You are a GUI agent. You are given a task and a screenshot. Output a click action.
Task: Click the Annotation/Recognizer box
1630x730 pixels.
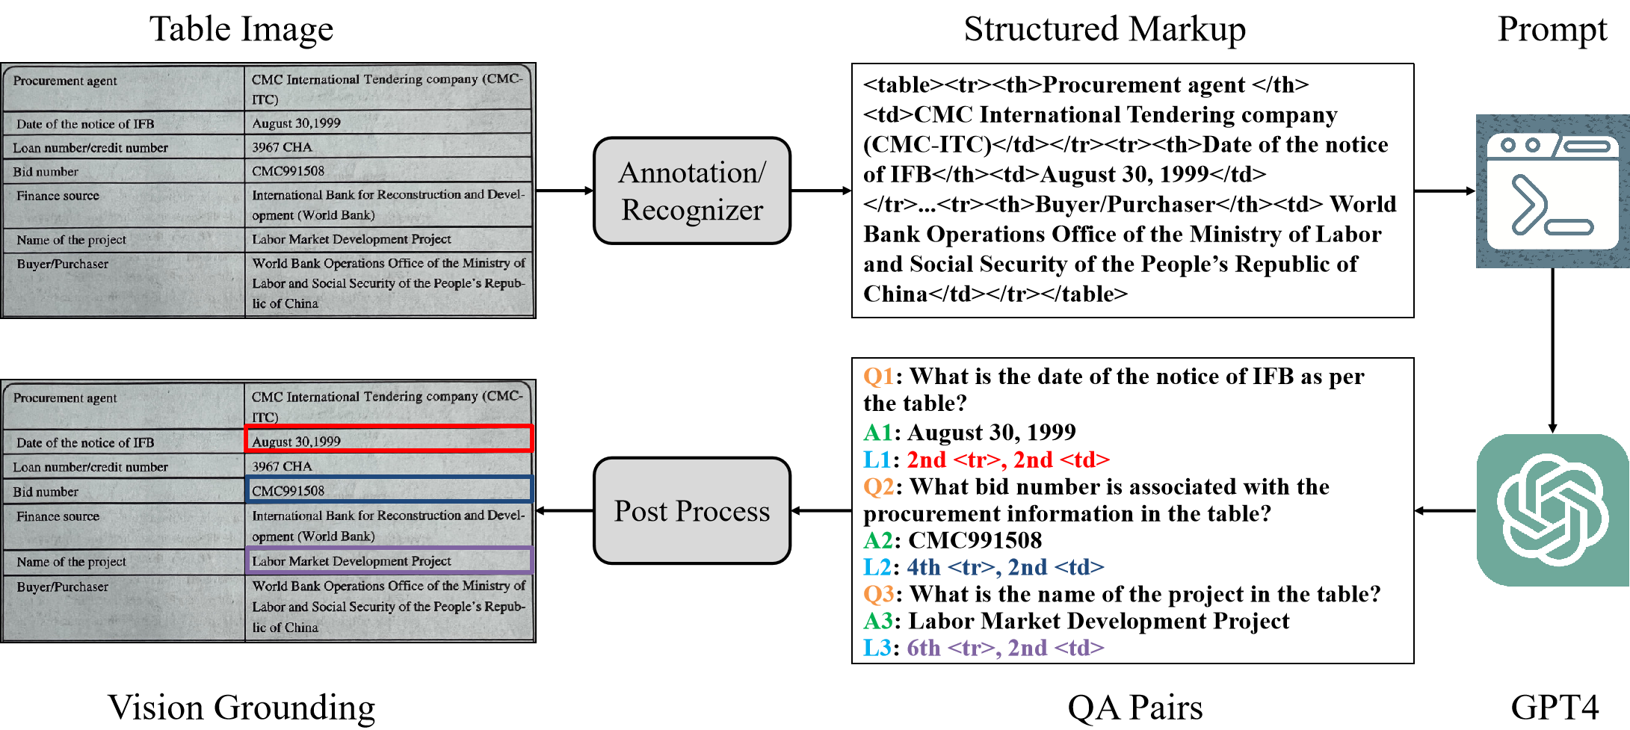691,191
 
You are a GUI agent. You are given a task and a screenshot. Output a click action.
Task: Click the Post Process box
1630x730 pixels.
691,510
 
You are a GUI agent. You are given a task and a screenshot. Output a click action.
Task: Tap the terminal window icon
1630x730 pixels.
1552,191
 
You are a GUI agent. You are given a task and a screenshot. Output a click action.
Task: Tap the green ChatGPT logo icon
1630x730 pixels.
1552,510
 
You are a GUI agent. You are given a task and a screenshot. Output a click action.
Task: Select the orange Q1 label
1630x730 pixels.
878,376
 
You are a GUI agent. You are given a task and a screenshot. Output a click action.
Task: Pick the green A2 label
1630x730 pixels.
878,540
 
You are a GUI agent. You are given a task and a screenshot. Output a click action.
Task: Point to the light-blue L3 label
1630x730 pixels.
877,648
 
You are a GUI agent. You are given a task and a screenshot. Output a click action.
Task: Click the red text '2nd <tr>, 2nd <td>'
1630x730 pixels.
1007,460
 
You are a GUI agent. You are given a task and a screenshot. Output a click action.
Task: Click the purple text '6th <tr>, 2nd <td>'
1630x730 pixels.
1005,648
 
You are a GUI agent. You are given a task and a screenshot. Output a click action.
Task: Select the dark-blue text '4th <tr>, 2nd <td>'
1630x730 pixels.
1005,567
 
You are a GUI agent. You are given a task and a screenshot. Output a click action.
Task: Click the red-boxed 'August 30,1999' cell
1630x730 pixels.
389,439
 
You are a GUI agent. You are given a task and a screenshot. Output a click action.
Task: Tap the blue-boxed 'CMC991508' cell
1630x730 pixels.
389,489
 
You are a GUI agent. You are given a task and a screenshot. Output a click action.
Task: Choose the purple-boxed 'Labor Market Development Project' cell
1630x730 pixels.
389,560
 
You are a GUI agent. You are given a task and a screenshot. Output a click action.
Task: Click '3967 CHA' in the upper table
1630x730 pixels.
282,147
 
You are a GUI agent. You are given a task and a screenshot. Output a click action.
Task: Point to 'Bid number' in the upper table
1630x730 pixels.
46,172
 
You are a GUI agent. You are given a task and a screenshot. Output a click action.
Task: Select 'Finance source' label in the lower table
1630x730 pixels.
58,516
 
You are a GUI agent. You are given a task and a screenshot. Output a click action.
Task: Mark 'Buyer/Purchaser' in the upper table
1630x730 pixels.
63,264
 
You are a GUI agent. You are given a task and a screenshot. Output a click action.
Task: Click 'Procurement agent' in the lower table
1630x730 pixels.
65,398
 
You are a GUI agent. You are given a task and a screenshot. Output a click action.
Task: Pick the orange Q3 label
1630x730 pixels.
878,594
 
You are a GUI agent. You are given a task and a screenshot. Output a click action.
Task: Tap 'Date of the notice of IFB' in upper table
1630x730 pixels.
85,124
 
